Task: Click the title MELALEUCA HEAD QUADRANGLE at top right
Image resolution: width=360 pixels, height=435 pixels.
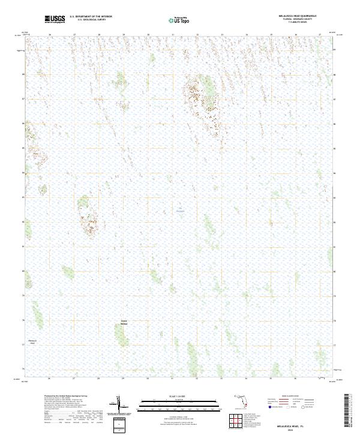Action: coord(298,16)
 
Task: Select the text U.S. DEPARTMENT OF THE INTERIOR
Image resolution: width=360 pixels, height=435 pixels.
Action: coord(91,17)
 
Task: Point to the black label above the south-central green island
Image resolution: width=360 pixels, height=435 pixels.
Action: coord(124,322)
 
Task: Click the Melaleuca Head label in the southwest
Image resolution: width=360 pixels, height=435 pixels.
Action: coord(33,341)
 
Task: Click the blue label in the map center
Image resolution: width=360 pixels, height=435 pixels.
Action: coord(181,210)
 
